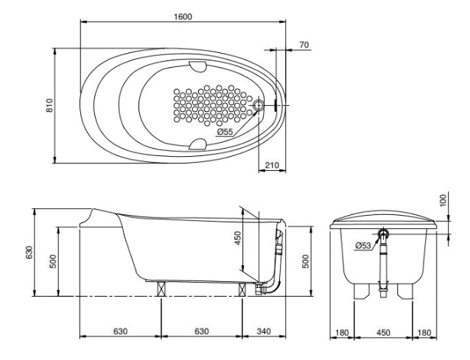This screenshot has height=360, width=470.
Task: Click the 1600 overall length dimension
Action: (x=183, y=15)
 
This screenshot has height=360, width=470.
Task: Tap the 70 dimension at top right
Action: (x=304, y=46)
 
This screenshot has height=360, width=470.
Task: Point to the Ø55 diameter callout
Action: (x=225, y=131)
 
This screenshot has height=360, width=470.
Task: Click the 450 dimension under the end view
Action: (x=383, y=332)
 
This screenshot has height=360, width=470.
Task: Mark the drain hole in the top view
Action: (x=259, y=106)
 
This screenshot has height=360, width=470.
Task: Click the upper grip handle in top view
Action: (x=197, y=67)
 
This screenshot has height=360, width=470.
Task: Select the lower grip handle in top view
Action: (x=197, y=143)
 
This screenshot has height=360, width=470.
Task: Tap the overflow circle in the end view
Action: (x=383, y=235)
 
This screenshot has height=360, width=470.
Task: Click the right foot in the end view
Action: (x=404, y=291)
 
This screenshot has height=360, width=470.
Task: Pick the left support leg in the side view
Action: (x=161, y=288)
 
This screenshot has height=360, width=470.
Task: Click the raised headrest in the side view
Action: (x=94, y=215)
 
